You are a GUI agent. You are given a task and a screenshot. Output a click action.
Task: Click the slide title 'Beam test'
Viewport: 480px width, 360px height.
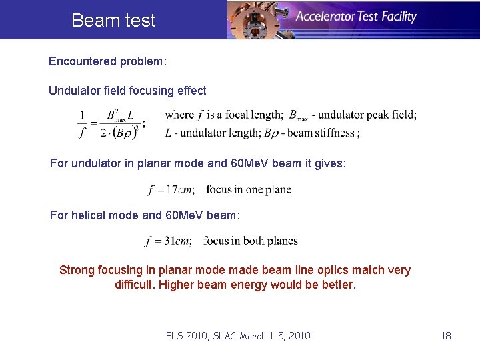tap(113, 20)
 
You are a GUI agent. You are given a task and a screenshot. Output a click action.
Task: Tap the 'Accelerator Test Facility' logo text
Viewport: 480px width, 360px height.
tap(356, 17)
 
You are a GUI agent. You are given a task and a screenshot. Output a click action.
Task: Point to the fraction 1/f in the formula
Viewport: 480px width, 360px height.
tap(82, 123)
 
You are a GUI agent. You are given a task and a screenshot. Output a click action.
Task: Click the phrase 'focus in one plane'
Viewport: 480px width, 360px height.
tap(249, 189)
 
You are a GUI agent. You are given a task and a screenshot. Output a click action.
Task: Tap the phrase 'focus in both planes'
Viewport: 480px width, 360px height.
tap(251, 241)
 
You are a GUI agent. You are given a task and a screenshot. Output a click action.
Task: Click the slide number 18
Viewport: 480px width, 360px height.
tap(446, 335)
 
